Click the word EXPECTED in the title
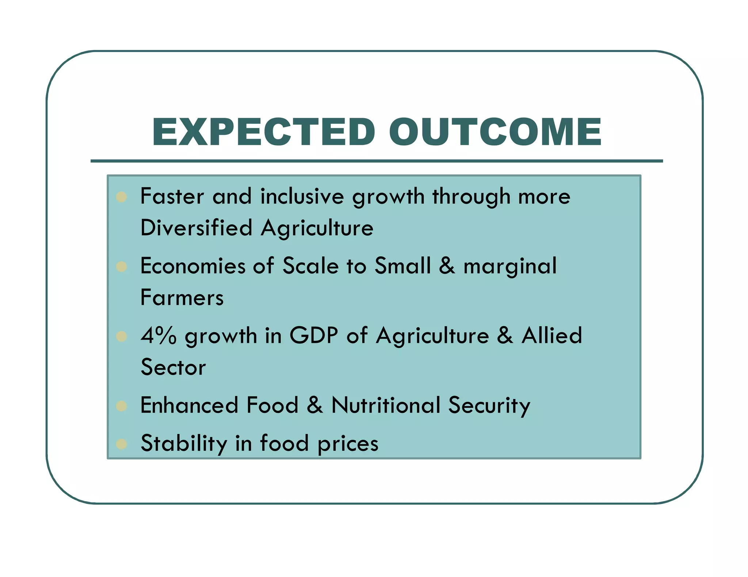(263, 132)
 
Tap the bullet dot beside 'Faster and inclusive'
(121, 197)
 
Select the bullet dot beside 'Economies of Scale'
(121, 267)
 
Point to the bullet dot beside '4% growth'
(121, 336)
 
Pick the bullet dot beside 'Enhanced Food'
(121, 406)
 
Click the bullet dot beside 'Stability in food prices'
(121, 444)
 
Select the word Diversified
(196, 228)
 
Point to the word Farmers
(182, 298)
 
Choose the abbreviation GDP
(314, 336)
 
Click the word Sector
(173, 367)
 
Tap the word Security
(489, 406)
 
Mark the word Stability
(184, 444)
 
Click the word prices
(348, 444)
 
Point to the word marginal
(510, 266)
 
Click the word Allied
(552, 336)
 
